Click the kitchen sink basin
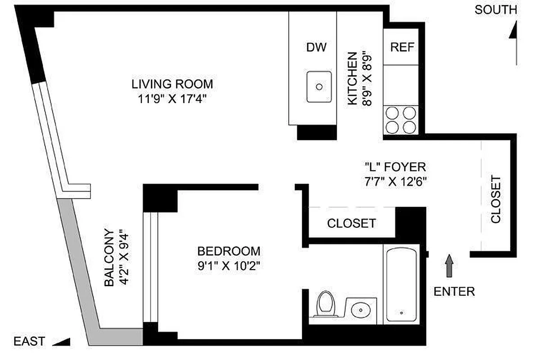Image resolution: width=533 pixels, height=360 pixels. (319, 86)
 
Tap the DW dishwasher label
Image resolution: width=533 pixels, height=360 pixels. (316, 47)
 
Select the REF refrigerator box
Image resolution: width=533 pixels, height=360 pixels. (402, 47)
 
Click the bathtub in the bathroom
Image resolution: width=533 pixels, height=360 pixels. (401, 283)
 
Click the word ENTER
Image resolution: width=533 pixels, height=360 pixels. (454, 292)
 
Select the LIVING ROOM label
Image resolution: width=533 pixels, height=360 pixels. (172, 84)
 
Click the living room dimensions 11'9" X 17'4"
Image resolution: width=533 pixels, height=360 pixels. (172, 99)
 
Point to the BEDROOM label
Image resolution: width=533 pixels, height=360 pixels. (229, 251)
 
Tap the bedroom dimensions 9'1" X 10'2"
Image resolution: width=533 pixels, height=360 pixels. (229, 265)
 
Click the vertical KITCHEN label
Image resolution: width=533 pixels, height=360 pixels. (353, 79)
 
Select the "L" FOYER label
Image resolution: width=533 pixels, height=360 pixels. (394, 167)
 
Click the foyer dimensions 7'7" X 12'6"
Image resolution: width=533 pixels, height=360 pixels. (394, 182)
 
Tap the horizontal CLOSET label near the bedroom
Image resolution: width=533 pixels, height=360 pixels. (351, 223)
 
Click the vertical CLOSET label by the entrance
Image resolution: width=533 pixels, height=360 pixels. (496, 199)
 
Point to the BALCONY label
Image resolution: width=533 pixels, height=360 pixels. (109, 258)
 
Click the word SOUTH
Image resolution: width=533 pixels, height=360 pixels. (496, 10)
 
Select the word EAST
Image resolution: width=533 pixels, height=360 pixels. (29, 341)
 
